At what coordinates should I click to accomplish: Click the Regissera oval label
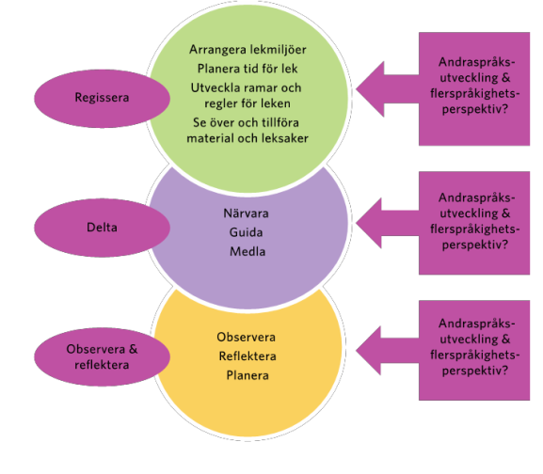pos(102,98)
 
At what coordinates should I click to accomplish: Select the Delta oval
pos(102,228)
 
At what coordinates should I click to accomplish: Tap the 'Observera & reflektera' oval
pos(102,356)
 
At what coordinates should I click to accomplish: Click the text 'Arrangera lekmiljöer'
pos(248,50)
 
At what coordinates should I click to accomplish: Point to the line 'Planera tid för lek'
pos(248,69)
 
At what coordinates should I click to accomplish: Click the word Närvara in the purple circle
pos(246,213)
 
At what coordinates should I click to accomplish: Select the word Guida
pos(246,232)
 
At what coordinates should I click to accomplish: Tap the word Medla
pos(248,251)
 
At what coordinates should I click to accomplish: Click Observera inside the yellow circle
pos(247,337)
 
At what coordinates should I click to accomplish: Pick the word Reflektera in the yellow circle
pos(248,356)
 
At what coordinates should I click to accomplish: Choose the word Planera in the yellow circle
pos(248,375)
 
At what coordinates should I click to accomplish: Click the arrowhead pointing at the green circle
pos(370,89)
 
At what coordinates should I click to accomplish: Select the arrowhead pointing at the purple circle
pos(369,223)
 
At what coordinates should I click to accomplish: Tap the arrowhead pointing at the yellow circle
pos(369,351)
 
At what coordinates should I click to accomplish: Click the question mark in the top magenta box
pos(504,109)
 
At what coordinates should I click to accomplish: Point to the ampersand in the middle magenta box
pos(505,213)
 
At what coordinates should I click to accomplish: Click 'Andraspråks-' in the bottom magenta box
pos(477,324)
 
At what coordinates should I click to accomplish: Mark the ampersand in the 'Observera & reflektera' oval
pos(134,349)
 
